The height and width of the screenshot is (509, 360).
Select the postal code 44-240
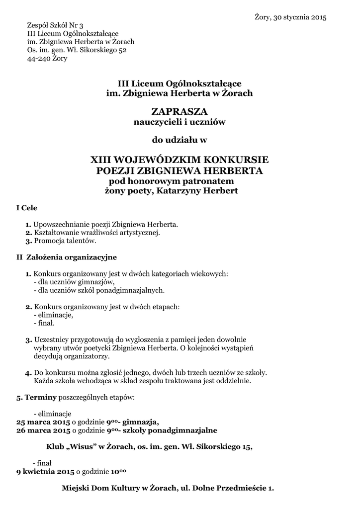(37, 59)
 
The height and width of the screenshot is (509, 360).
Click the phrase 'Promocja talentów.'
(65, 241)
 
